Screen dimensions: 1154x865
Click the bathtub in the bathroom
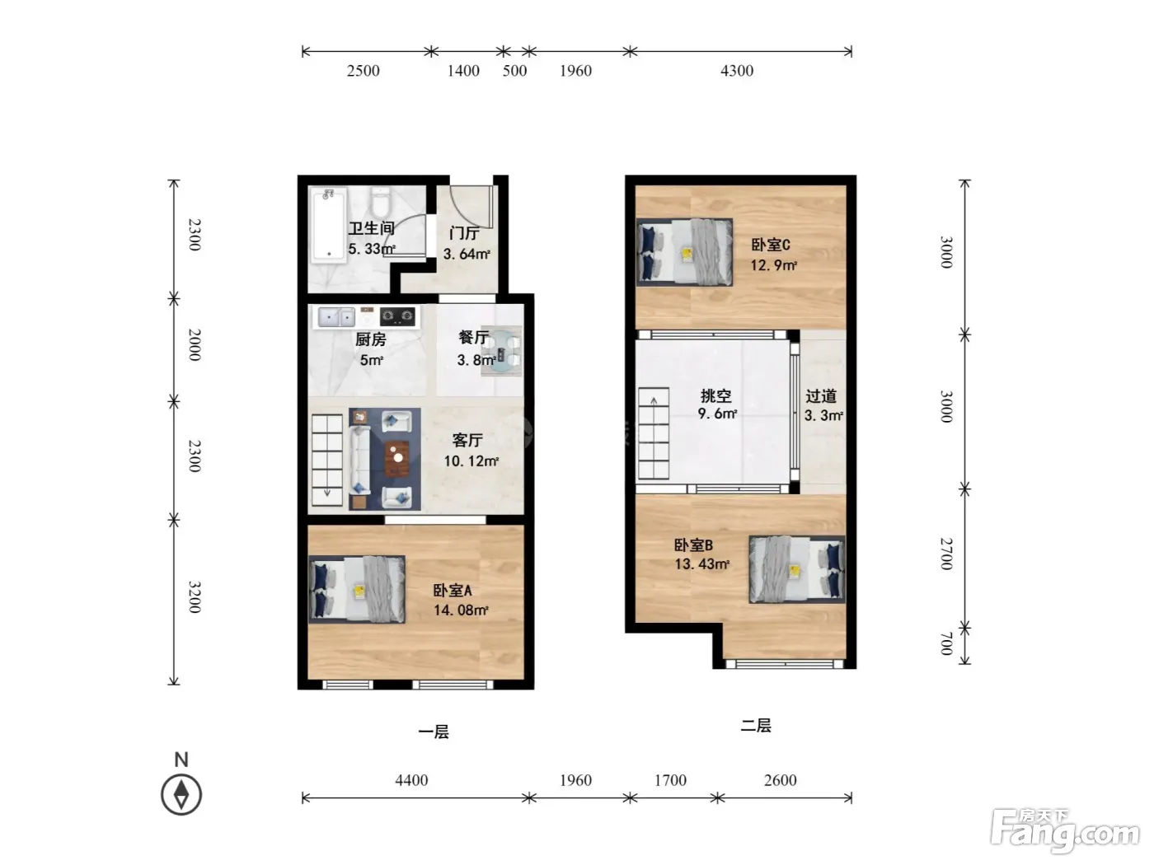(329, 226)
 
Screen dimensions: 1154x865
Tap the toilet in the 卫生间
(379, 201)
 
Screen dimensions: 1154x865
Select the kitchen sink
(336, 317)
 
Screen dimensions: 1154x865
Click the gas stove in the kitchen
(397, 316)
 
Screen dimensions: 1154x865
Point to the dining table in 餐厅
(501, 352)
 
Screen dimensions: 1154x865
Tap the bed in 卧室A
(357, 590)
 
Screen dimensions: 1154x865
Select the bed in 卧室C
(684, 252)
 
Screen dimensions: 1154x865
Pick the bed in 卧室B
(797, 569)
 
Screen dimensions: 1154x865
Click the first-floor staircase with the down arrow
(327, 460)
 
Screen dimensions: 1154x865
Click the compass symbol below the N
(181, 794)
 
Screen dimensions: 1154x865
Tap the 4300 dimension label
(737, 70)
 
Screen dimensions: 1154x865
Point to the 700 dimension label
(945, 644)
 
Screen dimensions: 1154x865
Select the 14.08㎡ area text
(461, 610)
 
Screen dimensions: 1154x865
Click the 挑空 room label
(716, 395)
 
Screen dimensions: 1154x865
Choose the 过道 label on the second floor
(821, 396)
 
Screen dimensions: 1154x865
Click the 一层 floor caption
(434, 732)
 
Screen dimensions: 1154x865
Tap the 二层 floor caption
(756, 726)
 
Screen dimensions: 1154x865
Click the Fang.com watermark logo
(1065, 831)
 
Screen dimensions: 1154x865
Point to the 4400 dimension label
(411, 780)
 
